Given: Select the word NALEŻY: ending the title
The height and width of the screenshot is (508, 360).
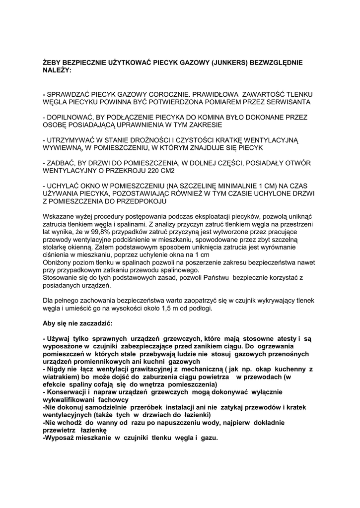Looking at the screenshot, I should coord(57,71).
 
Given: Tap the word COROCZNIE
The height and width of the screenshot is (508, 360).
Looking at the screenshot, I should coord(168,94).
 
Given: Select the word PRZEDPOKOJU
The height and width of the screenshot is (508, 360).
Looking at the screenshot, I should coord(141,202).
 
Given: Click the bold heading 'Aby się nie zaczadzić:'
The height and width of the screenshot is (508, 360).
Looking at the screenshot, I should coord(78,323).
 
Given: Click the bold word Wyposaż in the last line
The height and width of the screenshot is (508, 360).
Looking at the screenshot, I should coord(61,439).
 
